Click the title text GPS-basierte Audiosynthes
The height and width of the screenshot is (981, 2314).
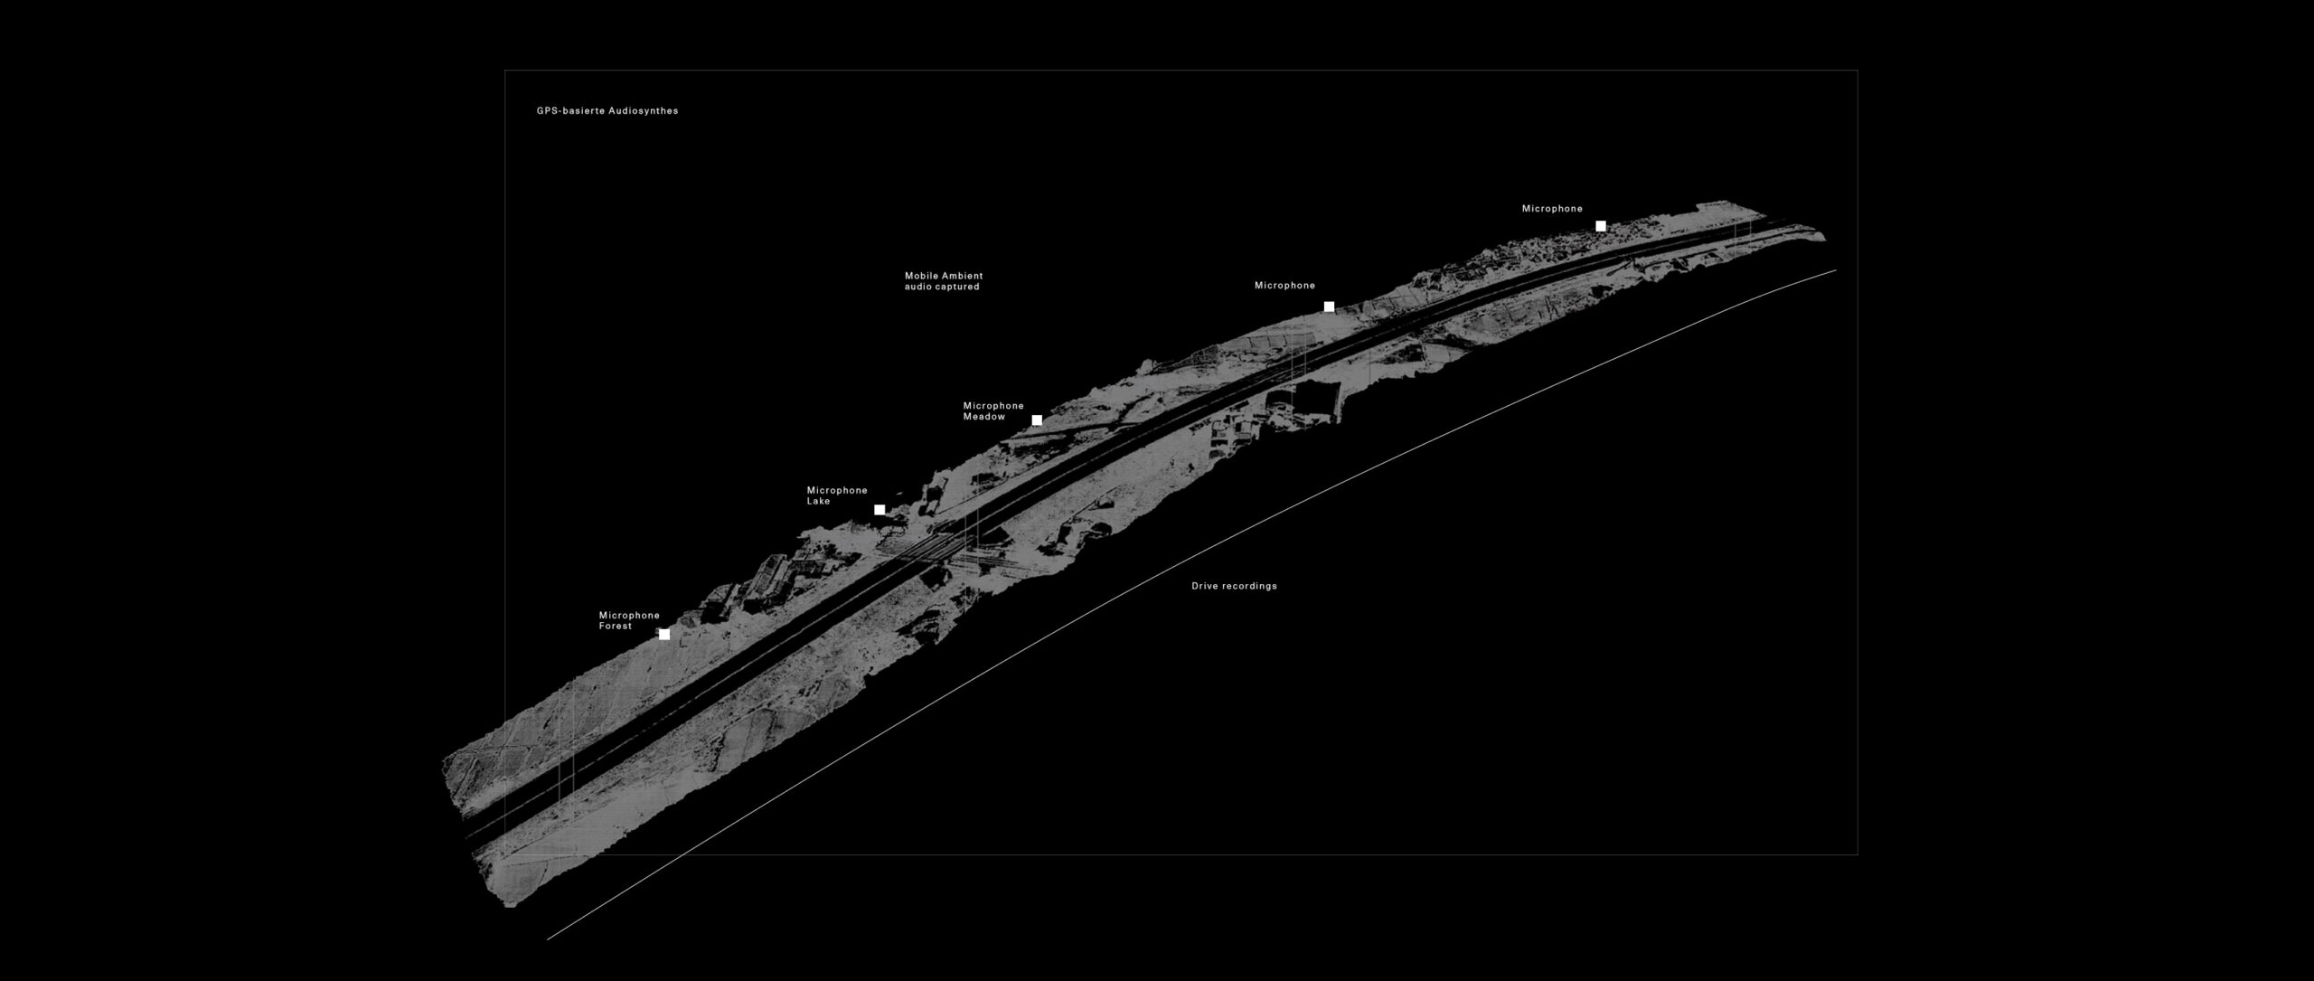coord(607,111)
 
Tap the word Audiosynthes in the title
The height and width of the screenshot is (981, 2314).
coord(644,111)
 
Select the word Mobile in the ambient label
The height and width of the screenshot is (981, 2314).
coord(921,276)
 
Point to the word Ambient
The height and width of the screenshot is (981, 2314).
coord(963,276)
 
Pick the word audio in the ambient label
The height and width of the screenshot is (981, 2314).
coord(917,287)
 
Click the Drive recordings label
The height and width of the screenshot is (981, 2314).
coord(1235,586)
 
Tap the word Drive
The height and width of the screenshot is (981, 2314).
coord(1205,586)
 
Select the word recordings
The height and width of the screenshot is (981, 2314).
coord(1250,586)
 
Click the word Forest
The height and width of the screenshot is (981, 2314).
coord(616,627)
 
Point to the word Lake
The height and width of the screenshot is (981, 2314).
coord(819,501)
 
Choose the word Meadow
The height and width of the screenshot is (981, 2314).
coord(984,417)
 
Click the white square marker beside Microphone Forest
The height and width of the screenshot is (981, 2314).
coord(664,635)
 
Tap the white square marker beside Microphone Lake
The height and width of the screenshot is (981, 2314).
coord(880,510)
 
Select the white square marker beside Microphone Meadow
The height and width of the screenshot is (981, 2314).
coord(1037,420)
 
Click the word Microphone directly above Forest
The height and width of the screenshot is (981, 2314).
coord(630,616)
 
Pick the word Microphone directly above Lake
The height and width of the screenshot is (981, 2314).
coord(838,490)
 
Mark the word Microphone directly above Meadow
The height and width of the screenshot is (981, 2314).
coord(994,406)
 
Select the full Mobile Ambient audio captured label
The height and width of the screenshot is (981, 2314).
coord(944,281)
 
